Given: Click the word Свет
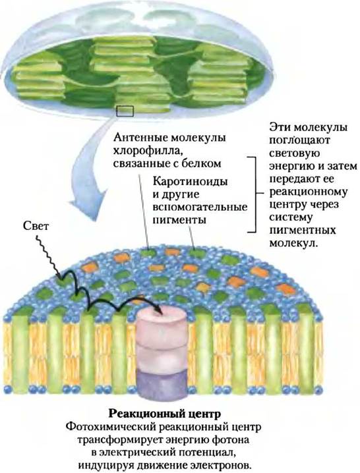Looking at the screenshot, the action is pyautogui.click(x=36, y=226).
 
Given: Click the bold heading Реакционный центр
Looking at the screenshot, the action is pyautogui.click(x=165, y=413).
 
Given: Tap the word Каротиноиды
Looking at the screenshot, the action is pyautogui.click(x=191, y=182).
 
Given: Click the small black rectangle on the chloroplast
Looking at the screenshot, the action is pyautogui.click(x=125, y=111).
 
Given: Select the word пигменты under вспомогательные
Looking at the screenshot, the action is pyautogui.click(x=180, y=219).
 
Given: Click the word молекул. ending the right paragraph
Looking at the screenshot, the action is pyautogui.click(x=294, y=243).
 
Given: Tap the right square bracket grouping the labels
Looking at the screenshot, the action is pyautogui.click(x=252, y=194).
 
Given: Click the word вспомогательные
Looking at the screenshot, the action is pyautogui.click(x=200, y=208).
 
